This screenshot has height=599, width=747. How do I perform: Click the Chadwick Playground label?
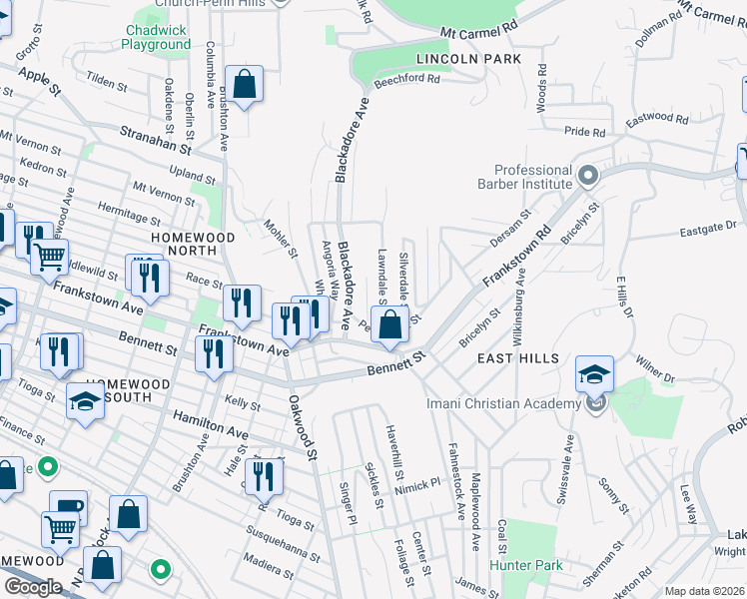[x=157, y=37]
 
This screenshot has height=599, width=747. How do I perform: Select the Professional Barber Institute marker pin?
[x=588, y=176]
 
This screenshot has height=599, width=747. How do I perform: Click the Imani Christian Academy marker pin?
[x=597, y=403]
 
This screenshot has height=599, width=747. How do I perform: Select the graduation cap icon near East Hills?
[x=594, y=374]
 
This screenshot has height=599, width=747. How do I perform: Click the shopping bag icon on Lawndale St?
[x=392, y=324]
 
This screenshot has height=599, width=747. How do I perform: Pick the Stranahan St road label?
[x=155, y=138]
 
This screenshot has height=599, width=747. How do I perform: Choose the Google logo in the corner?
[x=33, y=586]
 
